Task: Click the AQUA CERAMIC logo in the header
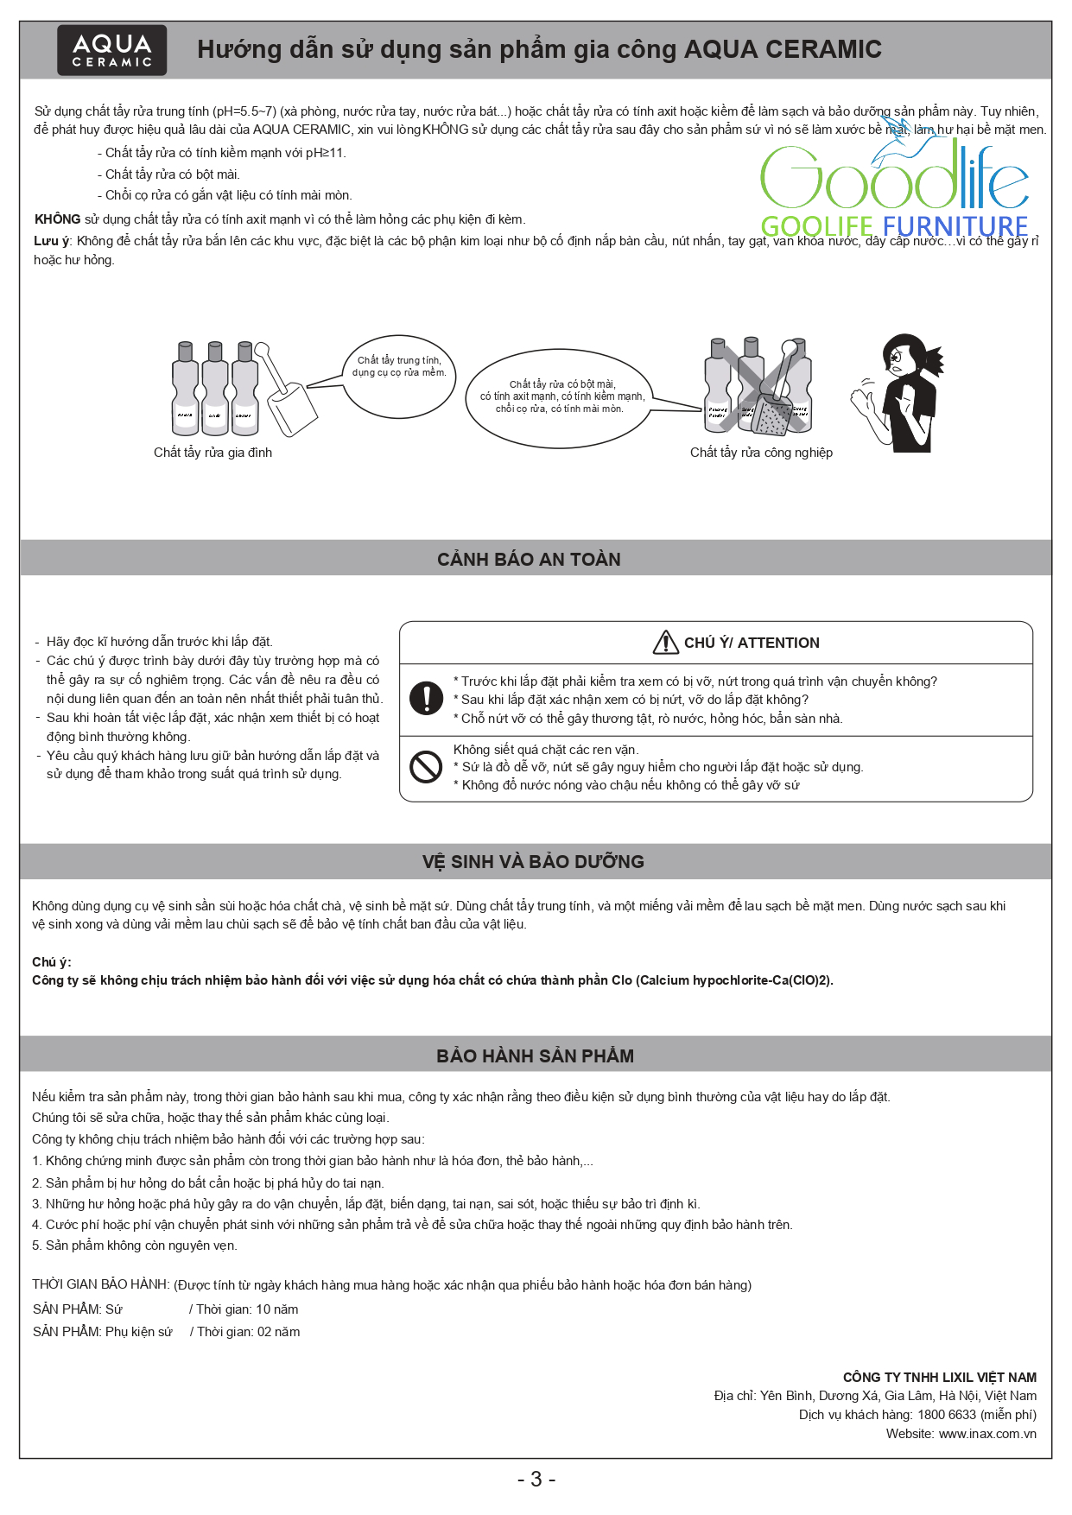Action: click(111, 50)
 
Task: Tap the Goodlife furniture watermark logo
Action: click(894, 186)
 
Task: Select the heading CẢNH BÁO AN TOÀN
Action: click(529, 560)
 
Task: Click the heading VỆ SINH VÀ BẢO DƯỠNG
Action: click(533, 862)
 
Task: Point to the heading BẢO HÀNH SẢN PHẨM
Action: click(535, 1056)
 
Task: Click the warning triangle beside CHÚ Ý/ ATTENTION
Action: click(665, 643)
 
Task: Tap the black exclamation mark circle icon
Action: click(426, 698)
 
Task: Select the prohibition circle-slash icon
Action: click(426, 767)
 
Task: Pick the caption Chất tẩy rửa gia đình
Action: click(212, 453)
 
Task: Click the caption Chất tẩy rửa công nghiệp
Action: click(761, 453)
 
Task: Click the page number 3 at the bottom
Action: click(536, 1480)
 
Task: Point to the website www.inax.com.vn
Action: click(987, 1434)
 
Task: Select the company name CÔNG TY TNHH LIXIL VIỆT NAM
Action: click(940, 1378)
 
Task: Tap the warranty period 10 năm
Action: click(277, 1309)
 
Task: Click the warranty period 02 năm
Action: click(278, 1332)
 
